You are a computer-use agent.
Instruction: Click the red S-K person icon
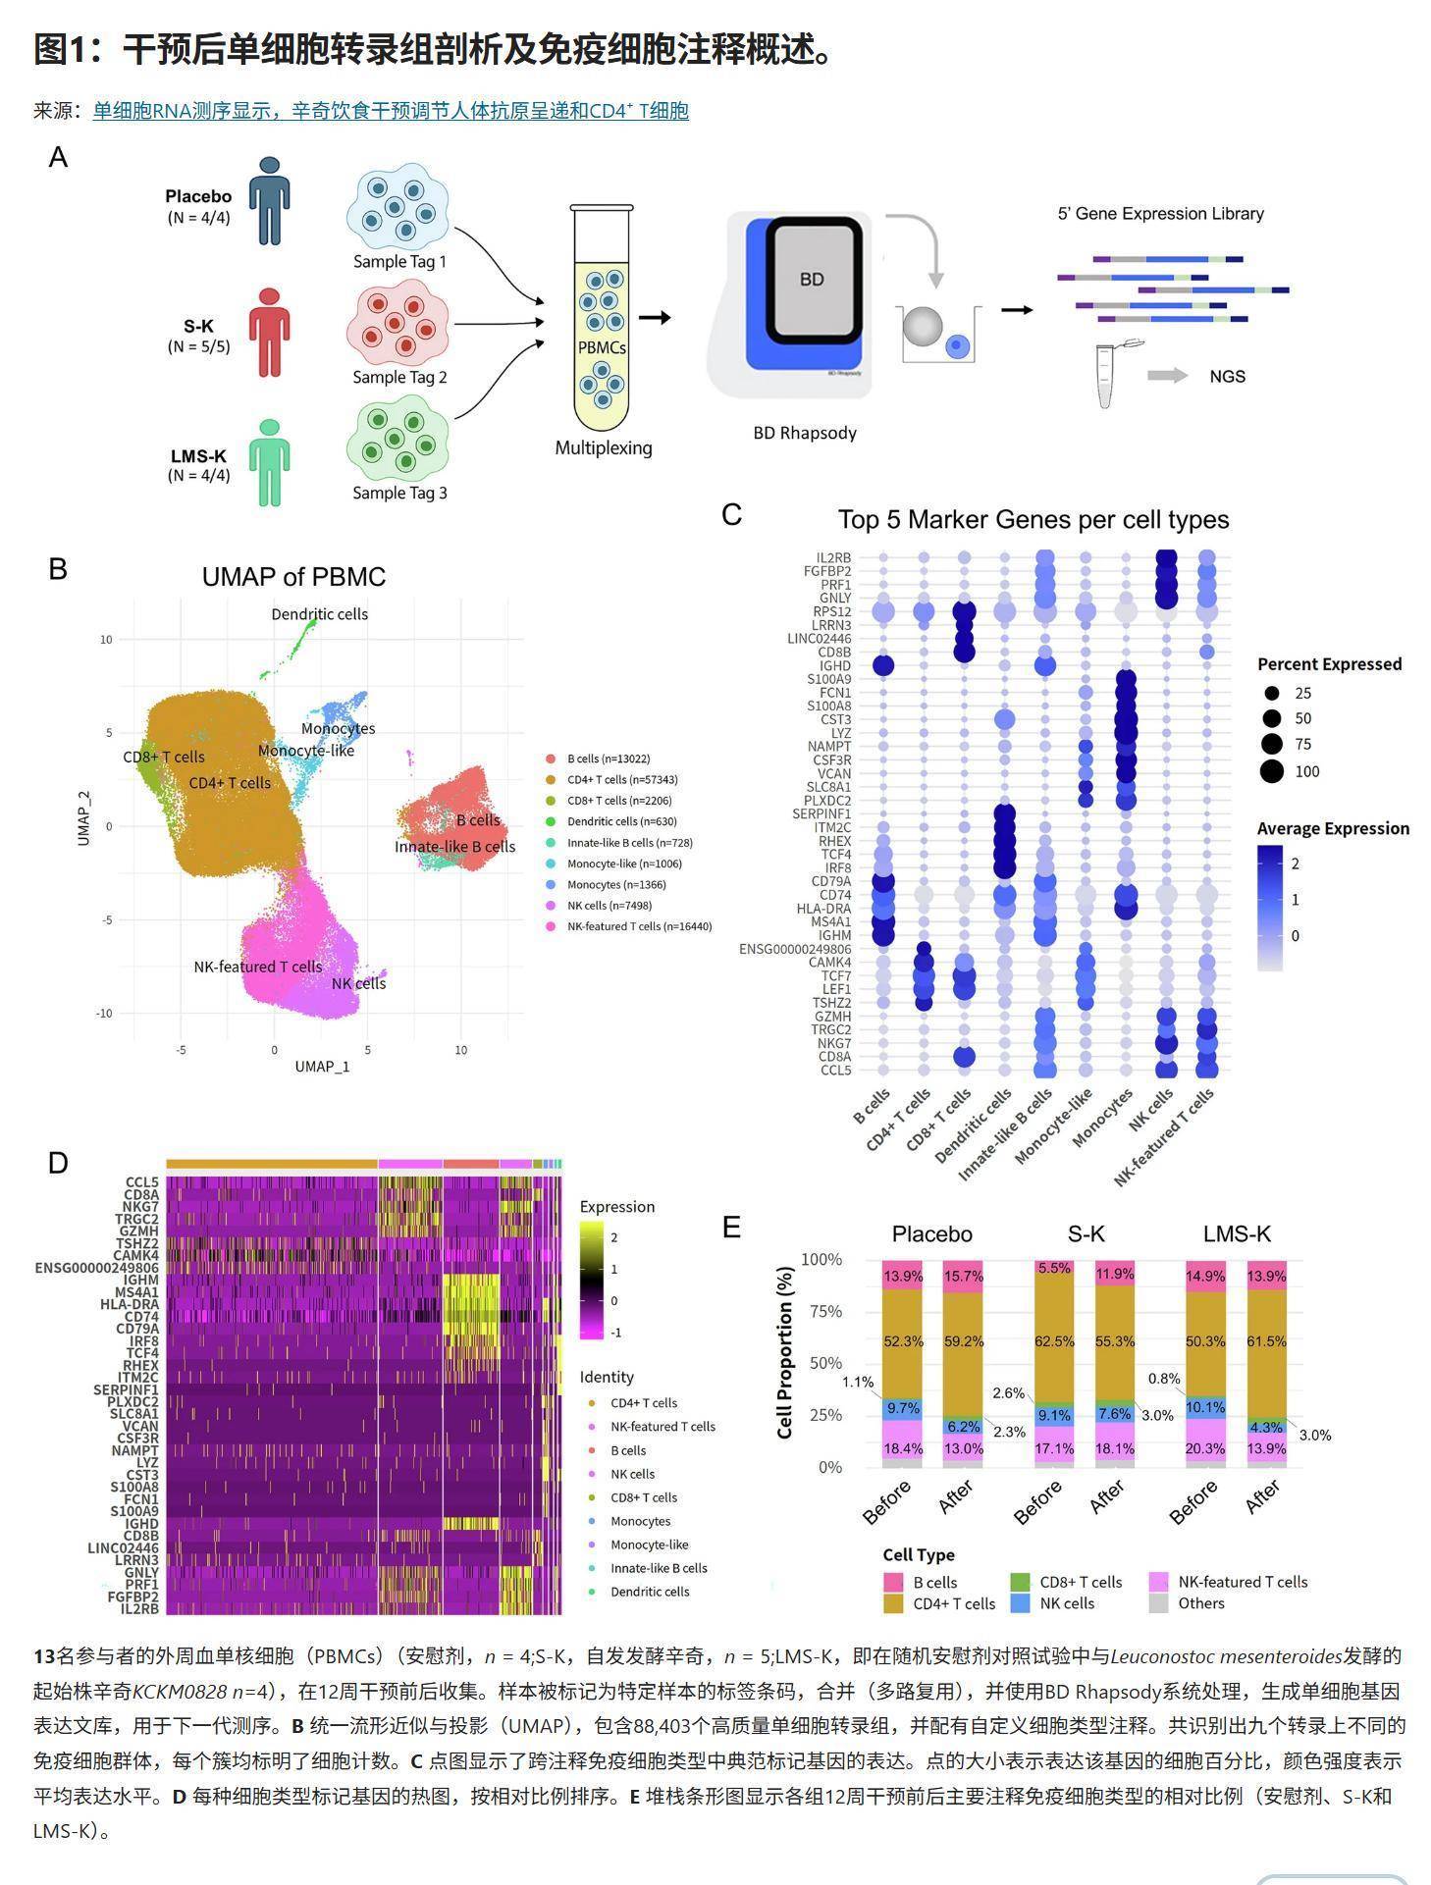coord(269,332)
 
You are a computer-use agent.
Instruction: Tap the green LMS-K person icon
coord(269,463)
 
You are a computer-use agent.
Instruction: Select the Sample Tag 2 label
coord(399,378)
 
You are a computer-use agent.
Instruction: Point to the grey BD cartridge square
coord(812,280)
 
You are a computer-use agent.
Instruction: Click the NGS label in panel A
coord(1227,377)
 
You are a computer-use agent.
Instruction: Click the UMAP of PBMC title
coord(293,577)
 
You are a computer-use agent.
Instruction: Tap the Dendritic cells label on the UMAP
coord(320,614)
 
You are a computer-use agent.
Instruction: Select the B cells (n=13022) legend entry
coord(608,759)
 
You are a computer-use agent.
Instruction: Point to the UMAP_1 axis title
coord(322,1067)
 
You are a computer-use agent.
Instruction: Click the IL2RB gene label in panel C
coord(833,557)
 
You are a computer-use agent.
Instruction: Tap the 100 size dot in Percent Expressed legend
coord(1272,771)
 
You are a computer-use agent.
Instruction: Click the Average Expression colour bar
coord(1269,908)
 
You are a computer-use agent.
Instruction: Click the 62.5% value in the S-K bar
coord(1054,1341)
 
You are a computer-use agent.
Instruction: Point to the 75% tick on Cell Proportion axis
coord(821,1312)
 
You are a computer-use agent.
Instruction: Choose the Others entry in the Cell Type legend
coord(1200,1603)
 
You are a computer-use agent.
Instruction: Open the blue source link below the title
coord(390,111)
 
